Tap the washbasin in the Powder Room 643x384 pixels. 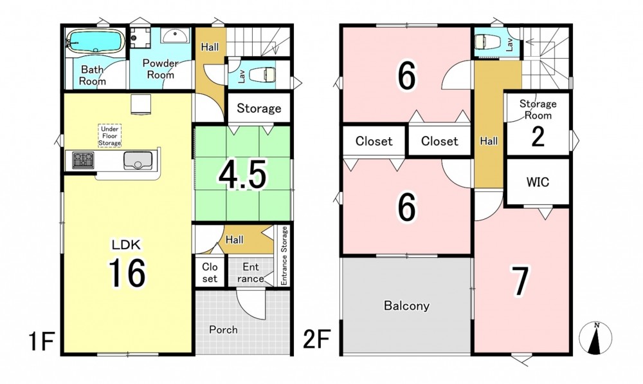175,35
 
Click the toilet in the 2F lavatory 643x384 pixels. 487,41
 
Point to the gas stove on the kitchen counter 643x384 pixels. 83,160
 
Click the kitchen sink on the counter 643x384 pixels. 138,160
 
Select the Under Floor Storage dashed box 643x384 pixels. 109,135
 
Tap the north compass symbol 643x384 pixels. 595,338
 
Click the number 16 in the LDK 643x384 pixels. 127,273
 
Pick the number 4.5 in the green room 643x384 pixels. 242,175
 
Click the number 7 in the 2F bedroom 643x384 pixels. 520,280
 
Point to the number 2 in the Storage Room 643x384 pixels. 538,137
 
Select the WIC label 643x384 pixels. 538,182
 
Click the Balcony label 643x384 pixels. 406,305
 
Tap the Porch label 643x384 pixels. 223,329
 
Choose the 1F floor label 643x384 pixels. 42,341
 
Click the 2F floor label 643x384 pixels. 316,340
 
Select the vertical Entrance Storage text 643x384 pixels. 284,255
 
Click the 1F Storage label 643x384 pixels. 258,108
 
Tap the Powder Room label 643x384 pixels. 160,69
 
